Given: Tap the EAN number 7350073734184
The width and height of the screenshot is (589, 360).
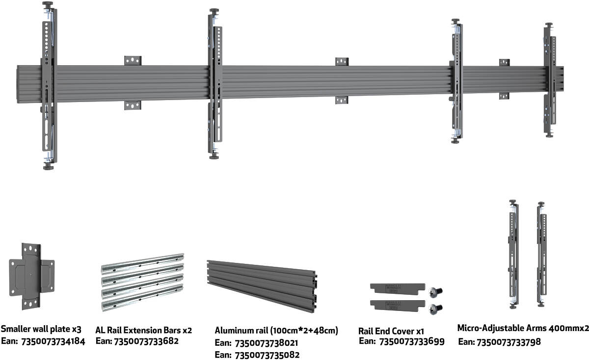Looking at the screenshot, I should (53, 341).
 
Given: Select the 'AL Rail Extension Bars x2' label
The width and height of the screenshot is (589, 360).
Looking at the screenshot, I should (144, 330).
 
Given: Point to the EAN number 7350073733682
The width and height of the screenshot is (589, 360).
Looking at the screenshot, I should (146, 341).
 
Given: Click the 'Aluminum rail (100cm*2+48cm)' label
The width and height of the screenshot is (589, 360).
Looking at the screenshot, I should (276, 331).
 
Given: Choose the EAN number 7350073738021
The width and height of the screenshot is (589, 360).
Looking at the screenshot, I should (267, 343).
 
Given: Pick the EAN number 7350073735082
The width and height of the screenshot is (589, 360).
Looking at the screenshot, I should (267, 355).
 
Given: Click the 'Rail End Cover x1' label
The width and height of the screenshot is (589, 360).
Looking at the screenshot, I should (391, 331).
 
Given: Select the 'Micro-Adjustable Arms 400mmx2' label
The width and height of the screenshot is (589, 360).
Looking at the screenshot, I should (523, 328).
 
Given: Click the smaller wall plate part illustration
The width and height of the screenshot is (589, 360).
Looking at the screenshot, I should (32, 277).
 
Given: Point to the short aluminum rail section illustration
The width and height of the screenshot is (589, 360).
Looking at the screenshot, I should (262, 286).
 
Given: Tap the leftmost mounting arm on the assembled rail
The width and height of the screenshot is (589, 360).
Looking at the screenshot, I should (49, 86).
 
